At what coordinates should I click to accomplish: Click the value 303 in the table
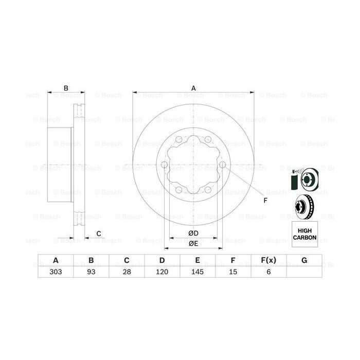click(x=56, y=273)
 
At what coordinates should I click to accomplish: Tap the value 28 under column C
click(x=126, y=273)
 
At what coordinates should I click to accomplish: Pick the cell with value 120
click(x=161, y=273)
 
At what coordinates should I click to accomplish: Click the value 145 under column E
click(x=197, y=273)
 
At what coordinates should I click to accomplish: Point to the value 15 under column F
click(x=232, y=273)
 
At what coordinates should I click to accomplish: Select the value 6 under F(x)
click(x=268, y=273)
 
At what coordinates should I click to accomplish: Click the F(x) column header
click(x=268, y=261)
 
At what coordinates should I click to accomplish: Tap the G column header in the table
click(x=304, y=261)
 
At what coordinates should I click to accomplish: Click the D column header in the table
click(x=161, y=261)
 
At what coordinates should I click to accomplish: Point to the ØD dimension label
click(x=193, y=234)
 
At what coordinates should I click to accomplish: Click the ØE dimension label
click(x=193, y=243)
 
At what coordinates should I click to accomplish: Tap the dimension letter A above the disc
click(x=194, y=88)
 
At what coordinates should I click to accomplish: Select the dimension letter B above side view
click(x=66, y=88)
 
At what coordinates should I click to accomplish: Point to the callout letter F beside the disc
click(x=265, y=200)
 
